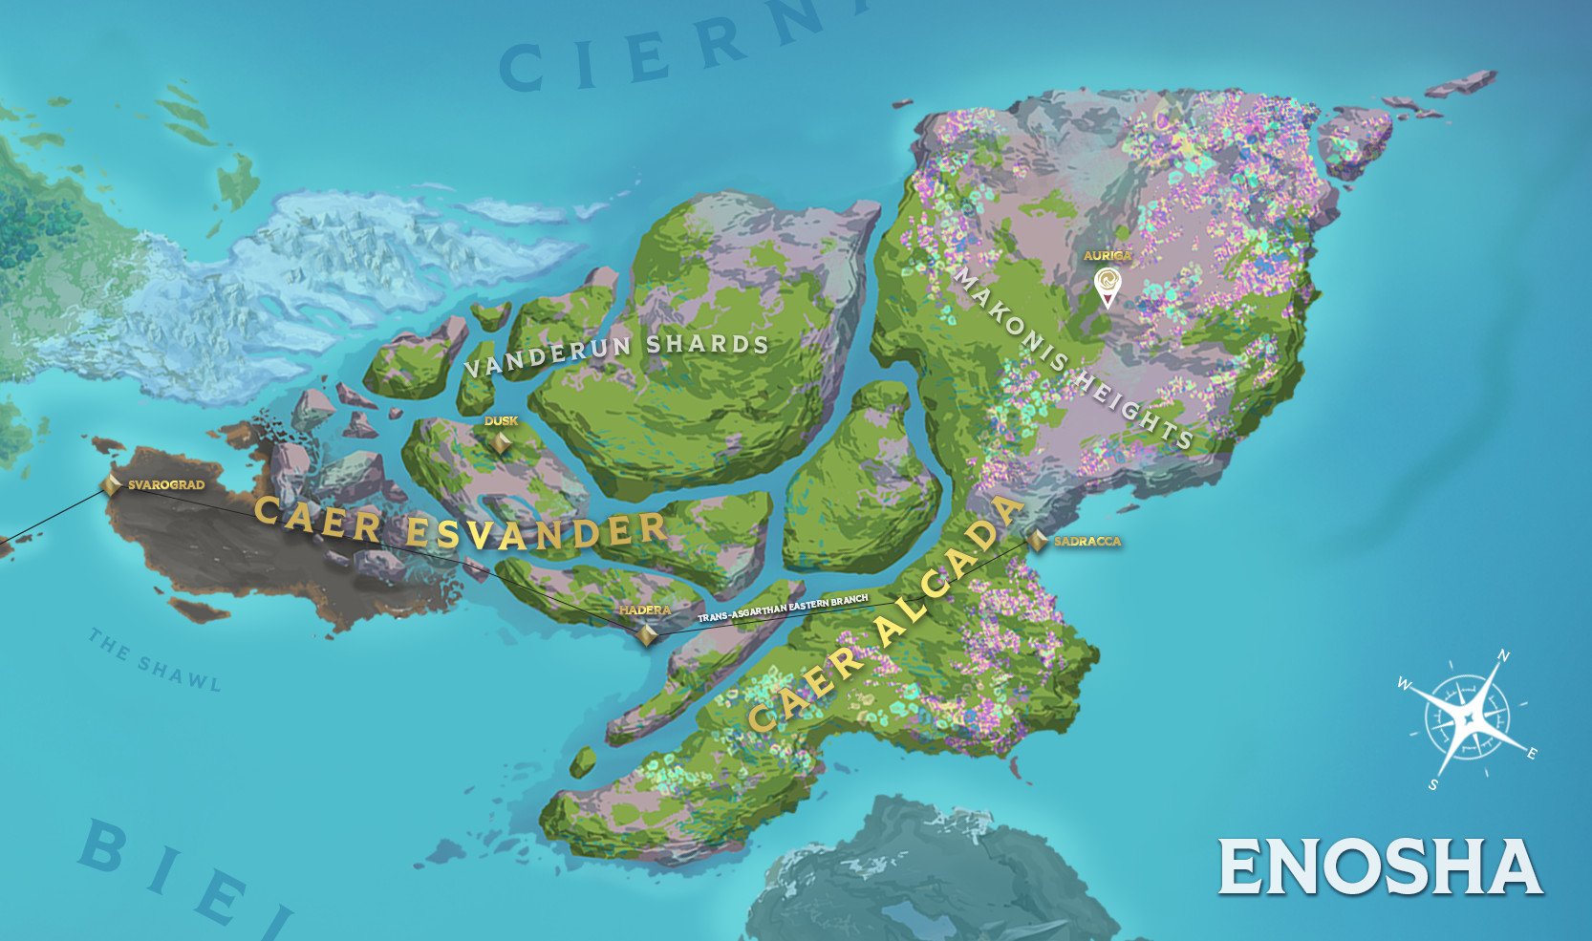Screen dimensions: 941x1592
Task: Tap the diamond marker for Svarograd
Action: point(111,484)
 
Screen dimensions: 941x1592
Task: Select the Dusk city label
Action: point(501,421)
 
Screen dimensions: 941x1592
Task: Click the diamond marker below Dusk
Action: point(501,443)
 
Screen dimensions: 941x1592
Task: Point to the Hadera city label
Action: point(644,610)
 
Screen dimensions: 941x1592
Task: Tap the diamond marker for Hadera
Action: point(647,634)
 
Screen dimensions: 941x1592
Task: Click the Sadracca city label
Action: point(1087,542)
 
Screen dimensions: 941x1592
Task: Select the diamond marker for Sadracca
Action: point(1038,541)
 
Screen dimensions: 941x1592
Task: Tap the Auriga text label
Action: point(1107,255)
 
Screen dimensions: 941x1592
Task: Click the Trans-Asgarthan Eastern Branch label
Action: point(783,610)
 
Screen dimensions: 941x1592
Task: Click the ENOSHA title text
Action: point(1379,866)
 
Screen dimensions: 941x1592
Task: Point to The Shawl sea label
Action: point(155,660)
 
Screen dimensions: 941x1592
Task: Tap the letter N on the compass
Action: point(1503,655)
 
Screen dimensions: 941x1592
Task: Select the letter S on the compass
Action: point(1433,785)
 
